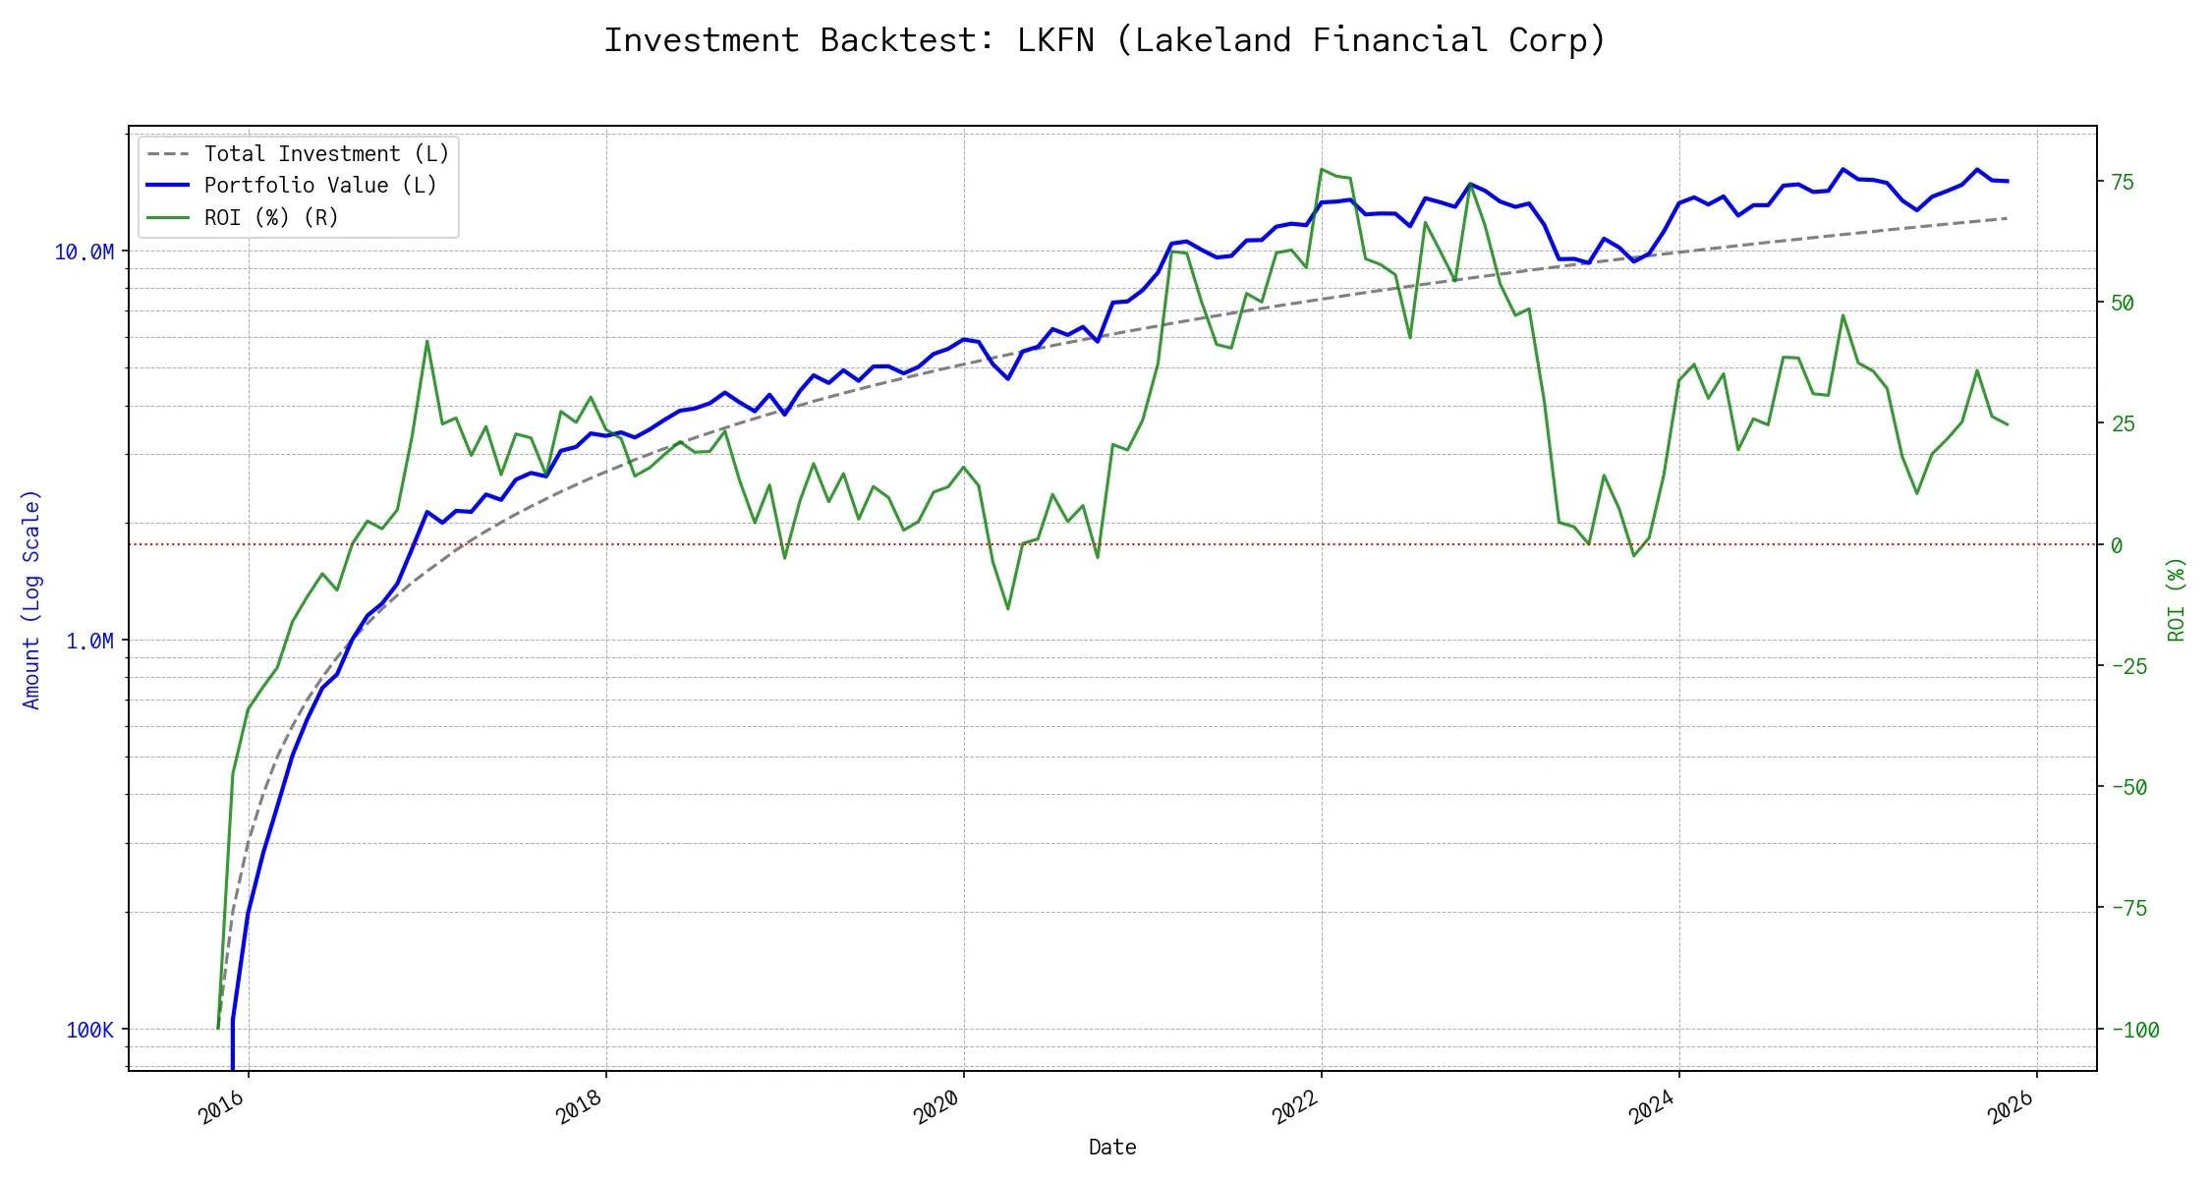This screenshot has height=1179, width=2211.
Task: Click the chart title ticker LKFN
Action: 1054,40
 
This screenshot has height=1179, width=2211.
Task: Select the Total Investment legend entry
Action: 325,154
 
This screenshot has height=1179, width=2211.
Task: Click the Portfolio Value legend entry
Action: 319,186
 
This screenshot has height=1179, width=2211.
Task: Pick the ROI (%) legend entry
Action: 270,218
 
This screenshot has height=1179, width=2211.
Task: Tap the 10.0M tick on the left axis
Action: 84,253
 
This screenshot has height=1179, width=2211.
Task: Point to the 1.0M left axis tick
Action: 89,642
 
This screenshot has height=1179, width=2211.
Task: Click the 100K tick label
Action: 89,1031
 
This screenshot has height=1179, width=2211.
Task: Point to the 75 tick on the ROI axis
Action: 2123,182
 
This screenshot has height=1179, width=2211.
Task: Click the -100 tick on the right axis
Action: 2134,1031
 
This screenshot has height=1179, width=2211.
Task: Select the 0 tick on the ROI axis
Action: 2117,545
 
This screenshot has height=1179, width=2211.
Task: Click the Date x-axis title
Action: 1112,1148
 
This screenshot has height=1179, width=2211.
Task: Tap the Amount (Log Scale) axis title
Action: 31,599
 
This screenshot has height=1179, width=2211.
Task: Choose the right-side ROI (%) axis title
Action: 2177,599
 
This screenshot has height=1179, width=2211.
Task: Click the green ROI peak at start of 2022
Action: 1322,169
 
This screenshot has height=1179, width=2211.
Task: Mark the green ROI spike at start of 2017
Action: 426,341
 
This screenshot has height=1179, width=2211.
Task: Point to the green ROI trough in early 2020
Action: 1008,609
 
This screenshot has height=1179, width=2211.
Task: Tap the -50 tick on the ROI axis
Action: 2128,787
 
